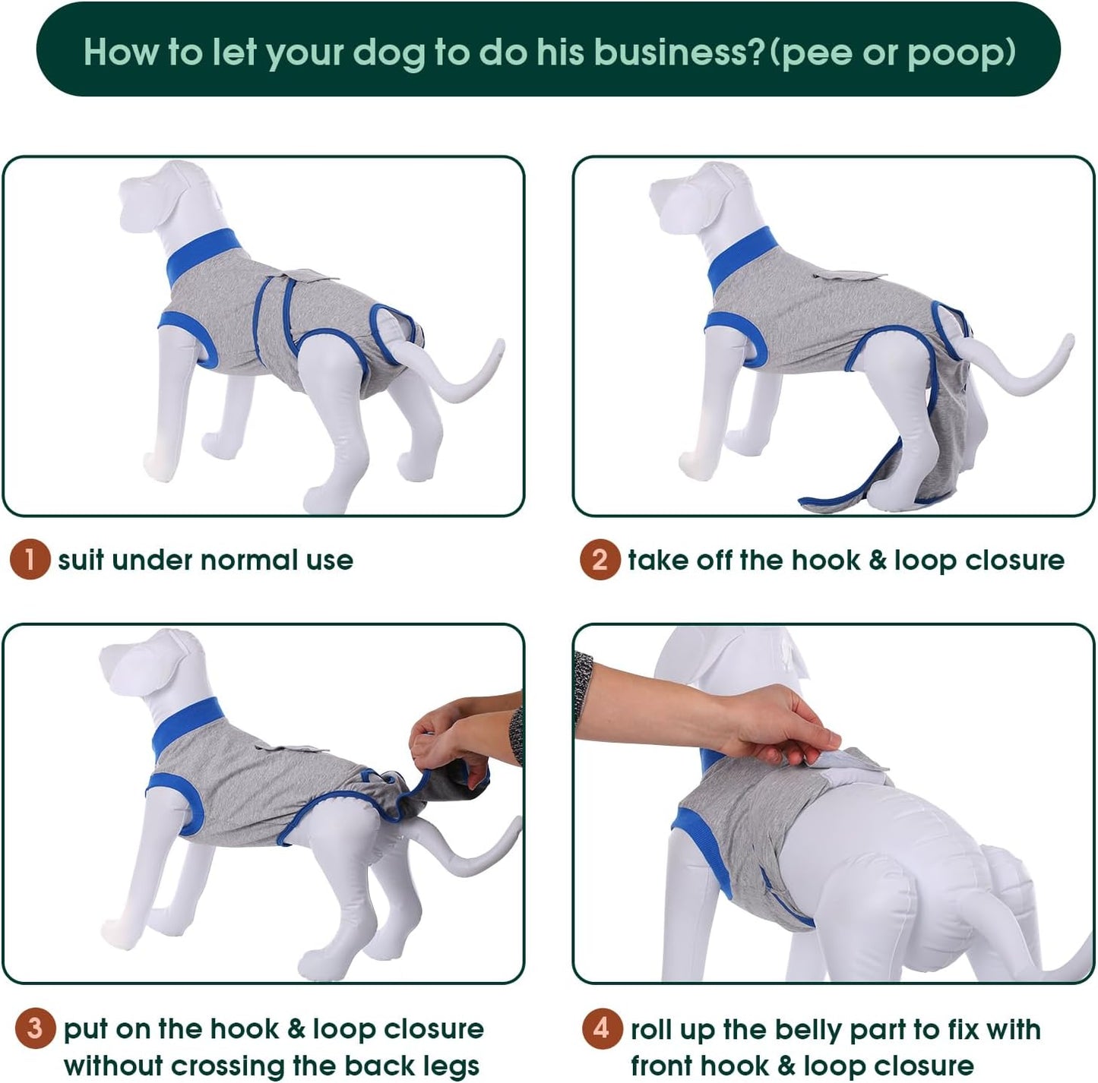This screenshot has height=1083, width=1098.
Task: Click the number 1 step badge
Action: coord(30,560)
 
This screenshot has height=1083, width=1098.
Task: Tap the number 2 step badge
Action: coord(600,560)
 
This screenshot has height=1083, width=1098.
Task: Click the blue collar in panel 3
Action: coord(186,725)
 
